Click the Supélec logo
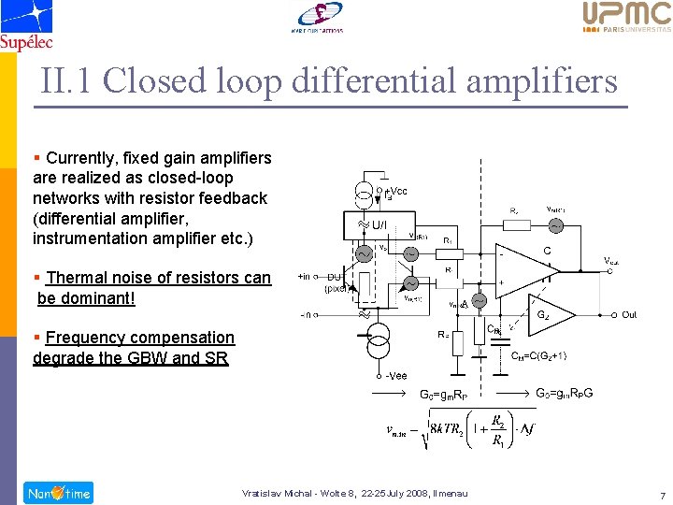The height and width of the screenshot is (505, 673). coord(26,25)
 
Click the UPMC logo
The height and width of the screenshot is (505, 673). coord(626,17)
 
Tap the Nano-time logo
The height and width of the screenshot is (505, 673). coord(59,493)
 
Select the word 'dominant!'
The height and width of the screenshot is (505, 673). coord(96,298)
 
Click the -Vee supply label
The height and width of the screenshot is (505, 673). coord(396,375)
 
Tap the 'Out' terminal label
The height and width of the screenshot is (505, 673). coord(629,315)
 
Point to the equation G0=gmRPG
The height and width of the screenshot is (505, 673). coord(564,393)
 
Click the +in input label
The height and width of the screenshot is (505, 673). coord(305,277)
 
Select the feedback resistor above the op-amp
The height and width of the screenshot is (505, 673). coord(515,224)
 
